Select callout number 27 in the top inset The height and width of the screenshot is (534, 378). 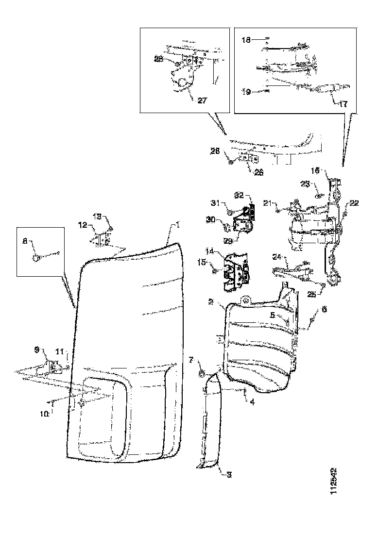click(202, 101)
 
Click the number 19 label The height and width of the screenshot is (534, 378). click(247, 90)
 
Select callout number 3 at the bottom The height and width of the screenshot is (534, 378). click(228, 475)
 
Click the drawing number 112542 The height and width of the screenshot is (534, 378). click(334, 481)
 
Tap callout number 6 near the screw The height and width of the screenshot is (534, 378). click(324, 308)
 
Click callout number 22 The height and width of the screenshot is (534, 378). click(354, 204)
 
